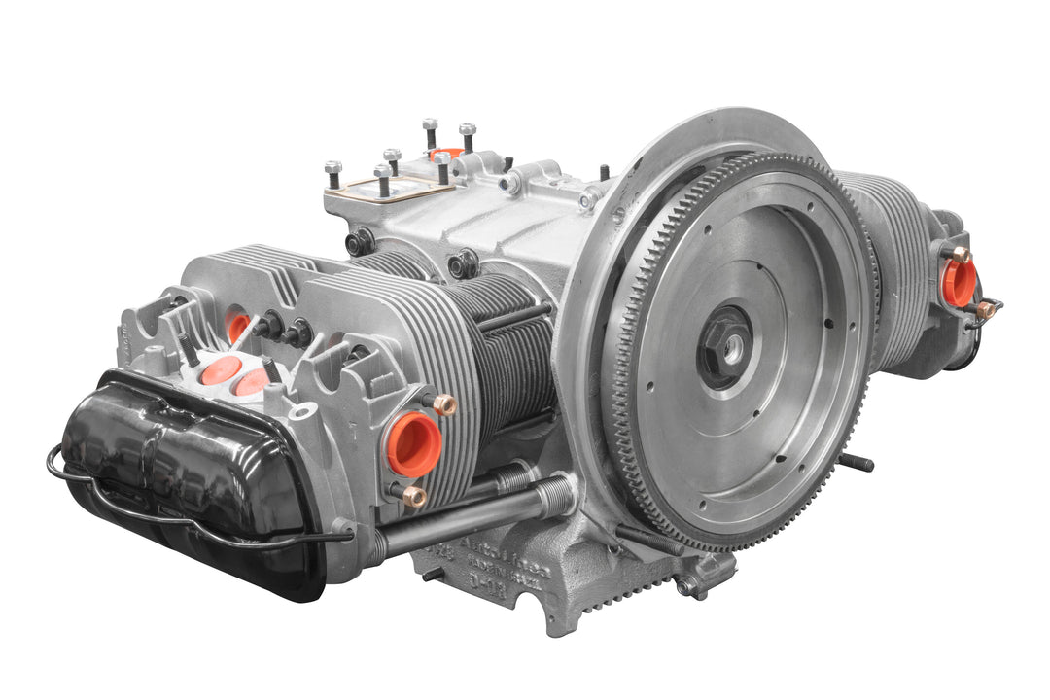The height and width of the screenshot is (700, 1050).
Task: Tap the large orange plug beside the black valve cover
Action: point(414,443)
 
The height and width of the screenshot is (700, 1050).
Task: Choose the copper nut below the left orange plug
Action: point(414,496)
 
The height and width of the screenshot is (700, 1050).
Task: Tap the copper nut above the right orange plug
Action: point(961,253)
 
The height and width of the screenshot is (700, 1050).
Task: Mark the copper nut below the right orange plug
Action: point(986,310)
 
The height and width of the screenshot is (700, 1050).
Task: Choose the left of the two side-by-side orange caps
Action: point(221,369)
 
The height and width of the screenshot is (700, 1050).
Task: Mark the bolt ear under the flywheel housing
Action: point(692,584)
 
